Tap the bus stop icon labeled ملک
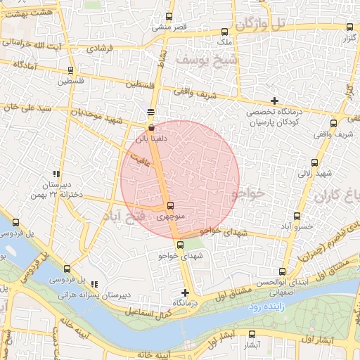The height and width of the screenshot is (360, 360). pyautogui.click(x=224, y=32)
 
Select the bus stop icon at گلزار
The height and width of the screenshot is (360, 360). pyautogui.click(x=349, y=27)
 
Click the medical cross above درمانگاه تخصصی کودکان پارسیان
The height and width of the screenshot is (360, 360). pyautogui.click(x=274, y=101)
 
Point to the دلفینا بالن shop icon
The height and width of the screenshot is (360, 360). pyautogui.click(x=152, y=127)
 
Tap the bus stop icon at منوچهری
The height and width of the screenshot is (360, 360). pyautogui.click(x=171, y=206)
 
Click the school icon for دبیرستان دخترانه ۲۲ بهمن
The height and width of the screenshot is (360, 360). pyautogui.click(x=56, y=174)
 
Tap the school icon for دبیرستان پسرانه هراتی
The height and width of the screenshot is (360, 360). pyautogui.click(x=94, y=285)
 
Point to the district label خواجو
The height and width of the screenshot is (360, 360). pyautogui.click(x=249, y=191)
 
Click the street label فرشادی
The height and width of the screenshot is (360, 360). pyautogui.click(x=103, y=50)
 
